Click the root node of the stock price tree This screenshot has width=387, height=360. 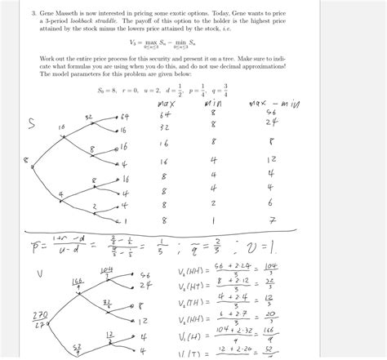tap(25, 160)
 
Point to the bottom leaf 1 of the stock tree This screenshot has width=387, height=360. tap(124, 220)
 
